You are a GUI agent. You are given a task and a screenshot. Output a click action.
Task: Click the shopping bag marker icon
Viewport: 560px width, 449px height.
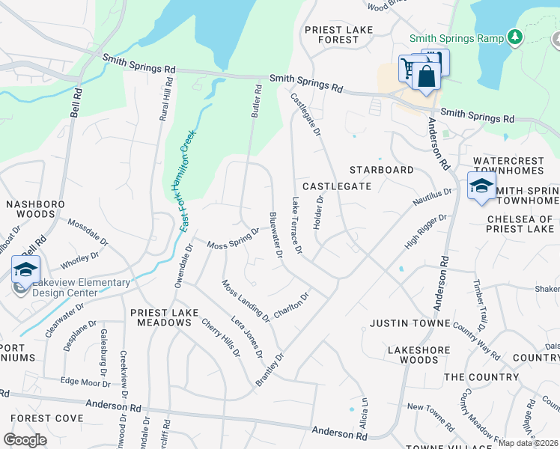[x=425, y=76]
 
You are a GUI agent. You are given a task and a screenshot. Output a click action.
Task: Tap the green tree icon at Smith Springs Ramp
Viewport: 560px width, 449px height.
[x=514, y=36]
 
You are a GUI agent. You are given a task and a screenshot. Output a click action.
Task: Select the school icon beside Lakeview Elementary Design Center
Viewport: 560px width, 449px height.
[x=25, y=269]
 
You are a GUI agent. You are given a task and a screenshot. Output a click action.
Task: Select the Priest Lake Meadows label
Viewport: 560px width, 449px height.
[x=161, y=317]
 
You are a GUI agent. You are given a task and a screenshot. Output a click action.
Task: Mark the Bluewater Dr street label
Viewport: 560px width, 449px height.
[x=276, y=236]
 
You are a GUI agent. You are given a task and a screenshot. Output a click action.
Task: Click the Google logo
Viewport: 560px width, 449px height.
[x=25, y=439]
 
